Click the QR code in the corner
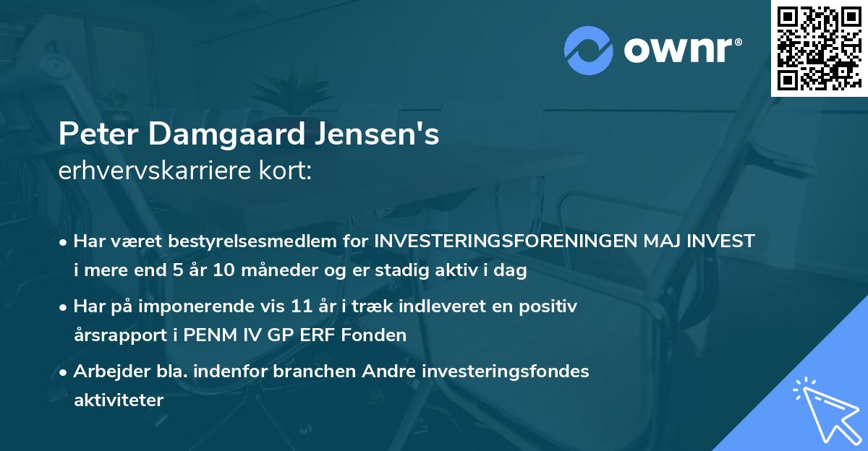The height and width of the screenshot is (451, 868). coord(819,48)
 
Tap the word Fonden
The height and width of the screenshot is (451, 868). coord(381,335)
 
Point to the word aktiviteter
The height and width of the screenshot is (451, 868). coord(119,400)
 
